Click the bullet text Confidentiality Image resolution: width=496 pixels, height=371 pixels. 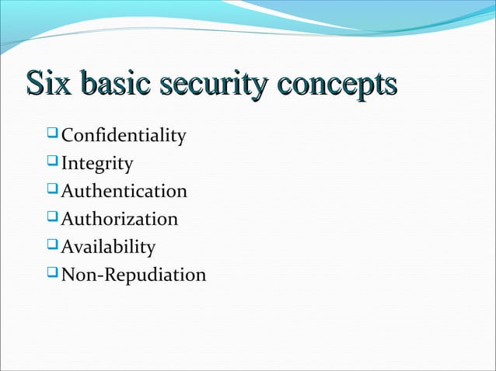124,137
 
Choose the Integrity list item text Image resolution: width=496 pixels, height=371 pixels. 97,164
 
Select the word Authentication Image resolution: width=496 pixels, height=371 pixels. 124,191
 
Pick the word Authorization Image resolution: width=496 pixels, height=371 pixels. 120,219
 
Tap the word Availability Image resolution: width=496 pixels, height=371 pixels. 108,247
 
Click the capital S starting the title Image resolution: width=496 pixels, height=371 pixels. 34,84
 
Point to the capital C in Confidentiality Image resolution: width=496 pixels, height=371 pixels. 67,137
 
